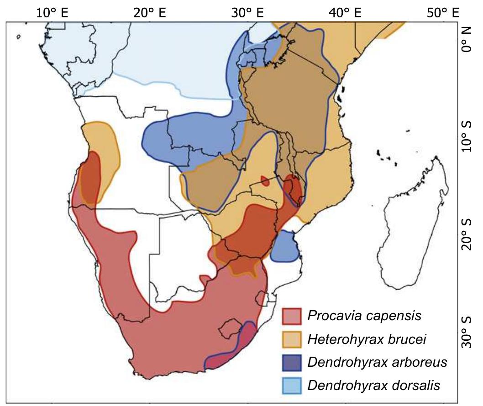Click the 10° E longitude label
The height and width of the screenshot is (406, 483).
click(x=52, y=12)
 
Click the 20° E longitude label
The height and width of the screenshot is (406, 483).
click(x=150, y=12)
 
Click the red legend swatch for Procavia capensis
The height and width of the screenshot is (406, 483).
click(x=292, y=316)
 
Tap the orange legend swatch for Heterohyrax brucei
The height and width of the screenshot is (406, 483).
click(x=292, y=339)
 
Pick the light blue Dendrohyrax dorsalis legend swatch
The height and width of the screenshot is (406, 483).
click(x=292, y=385)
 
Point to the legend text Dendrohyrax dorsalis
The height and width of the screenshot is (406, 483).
click(x=374, y=385)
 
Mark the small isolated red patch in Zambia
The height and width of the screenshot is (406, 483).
click(x=265, y=181)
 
